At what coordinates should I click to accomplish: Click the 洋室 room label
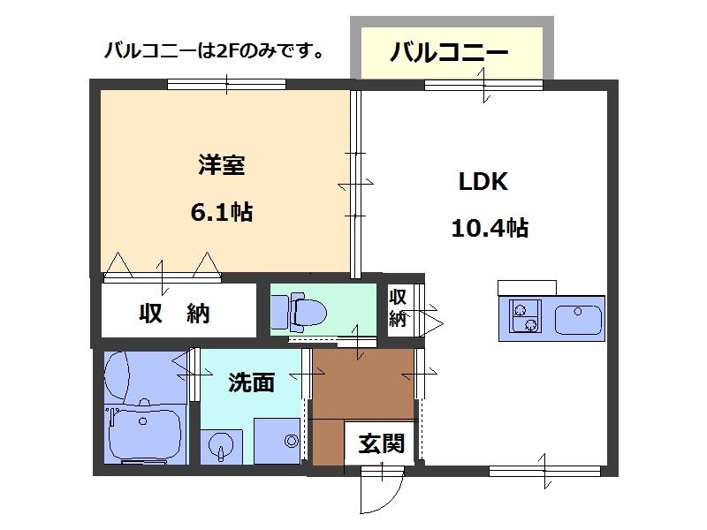222,165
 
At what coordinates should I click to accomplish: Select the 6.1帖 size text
221,212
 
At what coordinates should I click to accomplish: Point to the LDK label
482,183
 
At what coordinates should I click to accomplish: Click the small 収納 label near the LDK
398,307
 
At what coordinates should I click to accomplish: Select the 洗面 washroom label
251,382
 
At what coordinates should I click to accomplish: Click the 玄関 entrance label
381,443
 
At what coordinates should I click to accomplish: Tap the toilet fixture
300,310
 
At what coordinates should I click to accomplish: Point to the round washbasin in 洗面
220,445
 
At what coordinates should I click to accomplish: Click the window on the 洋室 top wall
226,85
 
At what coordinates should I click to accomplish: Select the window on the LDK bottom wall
545,469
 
